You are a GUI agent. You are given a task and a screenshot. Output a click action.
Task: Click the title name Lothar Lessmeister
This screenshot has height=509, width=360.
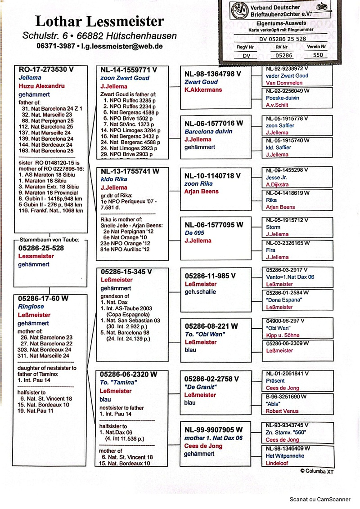click(99, 21)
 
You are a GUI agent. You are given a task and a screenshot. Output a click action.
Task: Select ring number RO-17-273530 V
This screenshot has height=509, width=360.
click(46, 70)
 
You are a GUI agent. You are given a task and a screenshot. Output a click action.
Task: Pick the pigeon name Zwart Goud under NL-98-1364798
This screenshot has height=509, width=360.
click(201, 82)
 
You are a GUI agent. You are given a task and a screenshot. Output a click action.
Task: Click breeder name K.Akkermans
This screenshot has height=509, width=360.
click(203, 89)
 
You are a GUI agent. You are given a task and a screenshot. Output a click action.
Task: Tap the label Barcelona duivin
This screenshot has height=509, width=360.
click(208, 132)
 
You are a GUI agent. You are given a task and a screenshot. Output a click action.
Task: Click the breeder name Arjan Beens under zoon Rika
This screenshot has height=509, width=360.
click(202, 191)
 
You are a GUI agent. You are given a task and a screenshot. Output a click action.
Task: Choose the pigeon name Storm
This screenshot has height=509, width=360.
click(273, 228)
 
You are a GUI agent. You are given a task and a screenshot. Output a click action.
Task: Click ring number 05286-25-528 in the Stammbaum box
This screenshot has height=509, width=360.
click(41, 248)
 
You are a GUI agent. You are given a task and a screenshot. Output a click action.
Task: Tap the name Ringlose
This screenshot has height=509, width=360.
click(31, 307)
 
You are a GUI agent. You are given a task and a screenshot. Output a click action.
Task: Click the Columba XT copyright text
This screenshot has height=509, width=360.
click(317, 472)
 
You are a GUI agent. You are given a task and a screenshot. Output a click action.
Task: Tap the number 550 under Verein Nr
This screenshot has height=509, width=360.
click(317, 55)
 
